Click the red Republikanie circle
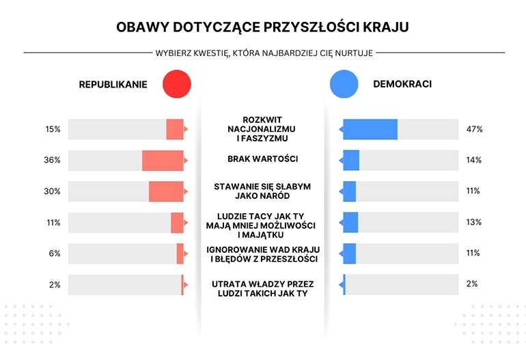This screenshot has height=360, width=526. (x=177, y=85)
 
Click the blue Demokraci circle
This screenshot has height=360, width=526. (x=344, y=85)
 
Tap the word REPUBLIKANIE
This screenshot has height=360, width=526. (x=113, y=85)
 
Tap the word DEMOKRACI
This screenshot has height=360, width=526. (x=402, y=85)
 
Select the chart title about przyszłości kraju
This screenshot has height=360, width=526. (x=263, y=28)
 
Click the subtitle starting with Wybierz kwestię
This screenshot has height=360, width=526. (x=264, y=53)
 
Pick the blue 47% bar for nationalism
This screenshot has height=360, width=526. (x=370, y=129)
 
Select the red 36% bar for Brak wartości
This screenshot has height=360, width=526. (x=163, y=161)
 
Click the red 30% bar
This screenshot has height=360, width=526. (x=166, y=191)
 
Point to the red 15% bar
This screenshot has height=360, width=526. (x=175, y=129)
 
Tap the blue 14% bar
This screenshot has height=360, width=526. (x=351, y=161)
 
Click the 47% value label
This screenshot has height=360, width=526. (x=474, y=129)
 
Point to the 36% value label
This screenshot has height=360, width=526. (x=53, y=161)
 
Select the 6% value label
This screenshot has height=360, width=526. (x=55, y=253)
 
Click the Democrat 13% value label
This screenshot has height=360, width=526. (x=474, y=222)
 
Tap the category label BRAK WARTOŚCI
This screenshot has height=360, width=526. (x=263, y=159)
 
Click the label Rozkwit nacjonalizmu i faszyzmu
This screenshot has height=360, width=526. (x=263, y=128)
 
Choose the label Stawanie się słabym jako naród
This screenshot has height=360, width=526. (x=263, y=191)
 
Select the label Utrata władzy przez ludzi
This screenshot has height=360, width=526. (x=263, y=288)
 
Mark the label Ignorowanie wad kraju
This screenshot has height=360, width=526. (x=263, y=253)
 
